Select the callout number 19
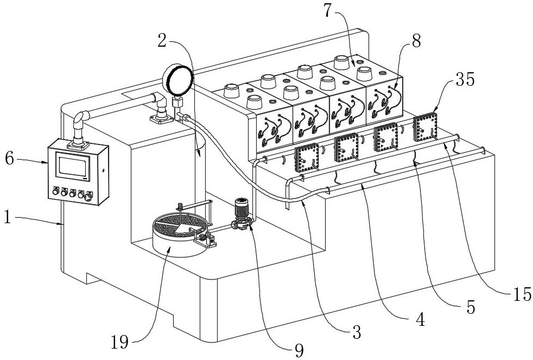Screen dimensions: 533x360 [119, 342]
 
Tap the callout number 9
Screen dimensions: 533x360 [299, 350]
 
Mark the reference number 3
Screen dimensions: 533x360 [357, 332]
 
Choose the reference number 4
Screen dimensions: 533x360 [421, 320]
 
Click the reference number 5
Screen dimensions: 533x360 [471, 307]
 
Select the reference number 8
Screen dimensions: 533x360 [416, 41]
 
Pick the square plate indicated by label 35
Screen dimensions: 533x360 [425, 127]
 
